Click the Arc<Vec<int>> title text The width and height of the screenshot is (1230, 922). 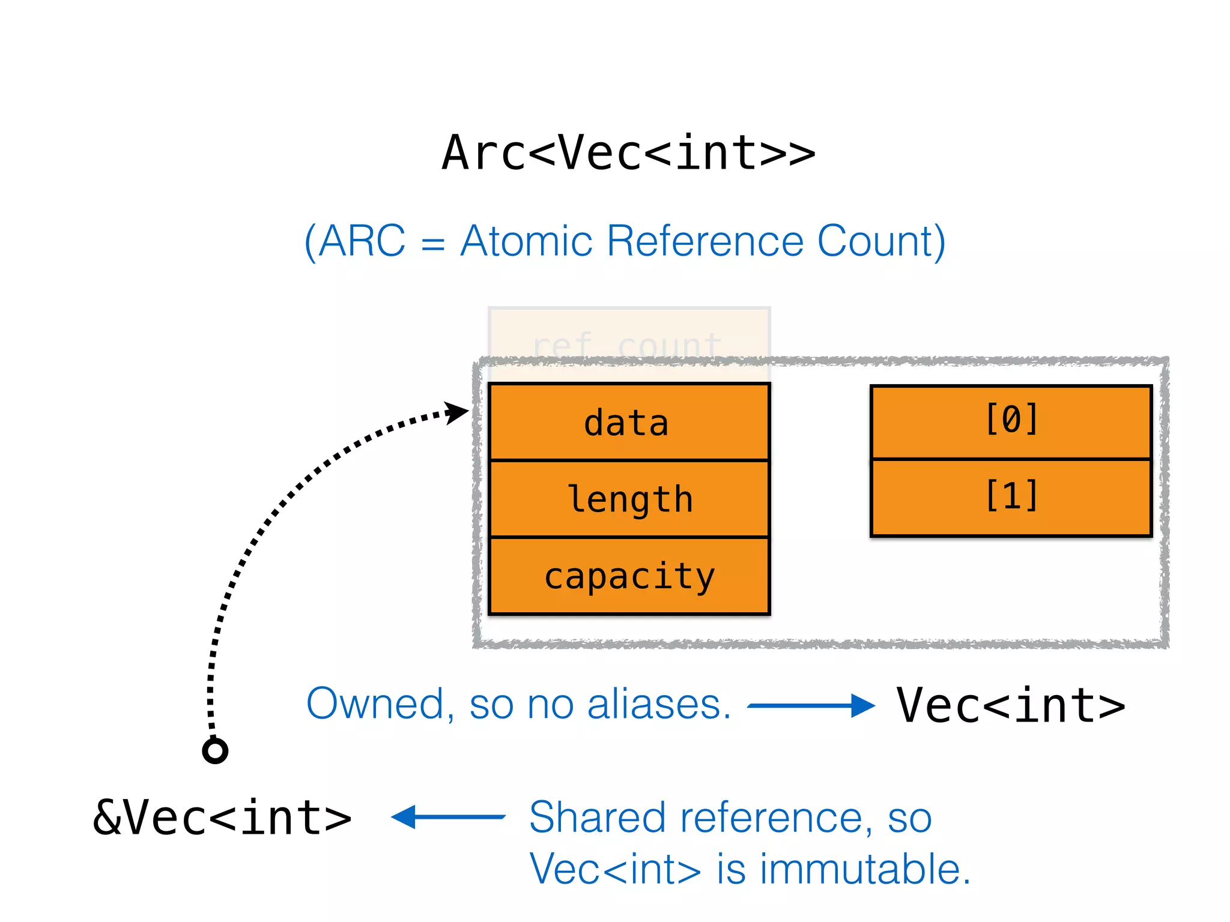pos(628,154)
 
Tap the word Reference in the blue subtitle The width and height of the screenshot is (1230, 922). pos(704,241)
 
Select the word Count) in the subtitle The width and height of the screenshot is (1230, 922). pos(881,241)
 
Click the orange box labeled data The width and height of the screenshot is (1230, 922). pos(628,423)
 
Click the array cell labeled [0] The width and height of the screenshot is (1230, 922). pos(1011,421)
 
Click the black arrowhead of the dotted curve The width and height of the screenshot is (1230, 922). pos(458,412)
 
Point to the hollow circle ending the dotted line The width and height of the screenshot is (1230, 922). pos(215,750)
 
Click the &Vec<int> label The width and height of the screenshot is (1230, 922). pos(222,818)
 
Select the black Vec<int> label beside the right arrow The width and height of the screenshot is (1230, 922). pos(1011,706)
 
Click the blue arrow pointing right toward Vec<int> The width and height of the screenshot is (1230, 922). pos(811,706)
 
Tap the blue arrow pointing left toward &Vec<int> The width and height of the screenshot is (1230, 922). pos(448,817)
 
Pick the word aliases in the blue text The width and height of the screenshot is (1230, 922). pos(658,704)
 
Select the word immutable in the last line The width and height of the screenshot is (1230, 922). pos(865,869)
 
